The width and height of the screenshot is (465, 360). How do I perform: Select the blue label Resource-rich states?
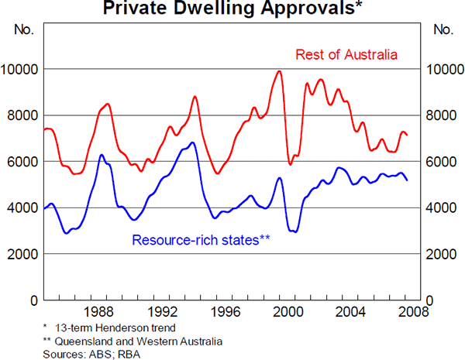[201, 239]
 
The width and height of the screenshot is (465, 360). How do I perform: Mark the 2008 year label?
[408, 313]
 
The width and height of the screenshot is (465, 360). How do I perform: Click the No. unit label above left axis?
[24, 31]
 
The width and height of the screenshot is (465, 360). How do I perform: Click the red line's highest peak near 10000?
[279, 71]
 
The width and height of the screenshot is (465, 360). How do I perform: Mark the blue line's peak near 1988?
[102, 155]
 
